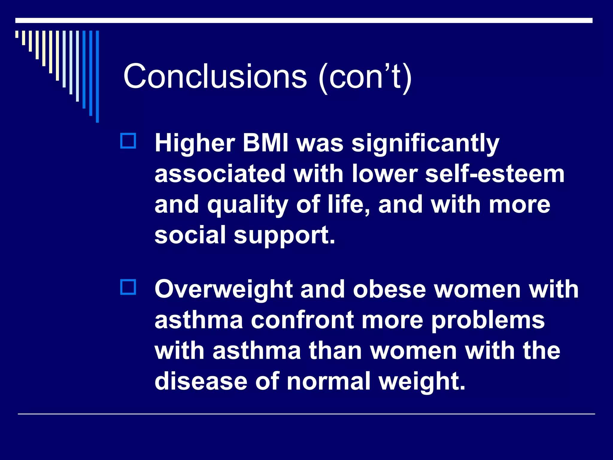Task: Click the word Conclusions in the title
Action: pos(215,76)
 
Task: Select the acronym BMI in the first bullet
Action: pos(265,143)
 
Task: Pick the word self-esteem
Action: pos(495,174)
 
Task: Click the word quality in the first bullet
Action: pos(248,205)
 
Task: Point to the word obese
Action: pos(389,289)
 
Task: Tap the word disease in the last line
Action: pos(201,381)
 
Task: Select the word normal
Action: pos(328,381)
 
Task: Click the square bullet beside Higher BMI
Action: pos(128,141)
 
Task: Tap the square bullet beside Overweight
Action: pos(128,287)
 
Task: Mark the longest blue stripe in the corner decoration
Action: pos(97,76)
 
